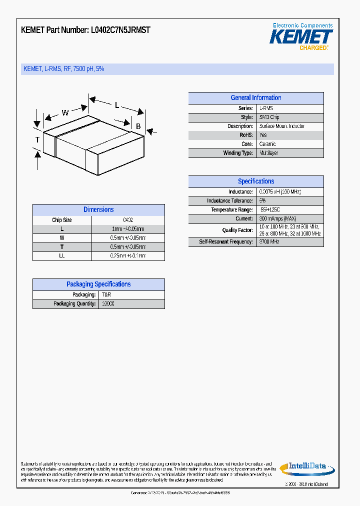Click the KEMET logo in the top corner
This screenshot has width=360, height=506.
[301, 37]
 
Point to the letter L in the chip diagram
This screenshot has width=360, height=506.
[117, 105]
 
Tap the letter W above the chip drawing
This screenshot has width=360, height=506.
[65, 112]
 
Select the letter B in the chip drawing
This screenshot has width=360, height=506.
[138, 126]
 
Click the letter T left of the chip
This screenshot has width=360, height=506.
[37, 140]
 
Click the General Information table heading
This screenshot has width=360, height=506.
[255, 98]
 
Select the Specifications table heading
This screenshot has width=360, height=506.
[255, 181]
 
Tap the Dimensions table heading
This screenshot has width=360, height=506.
[98, 210]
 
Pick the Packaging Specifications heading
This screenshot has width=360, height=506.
[98, 284]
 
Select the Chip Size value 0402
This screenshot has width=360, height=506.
[128, 220]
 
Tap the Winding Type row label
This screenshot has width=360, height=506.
[238, 153]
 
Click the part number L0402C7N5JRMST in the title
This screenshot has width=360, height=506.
[120, 30]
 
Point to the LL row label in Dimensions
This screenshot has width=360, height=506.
[62, 256]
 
